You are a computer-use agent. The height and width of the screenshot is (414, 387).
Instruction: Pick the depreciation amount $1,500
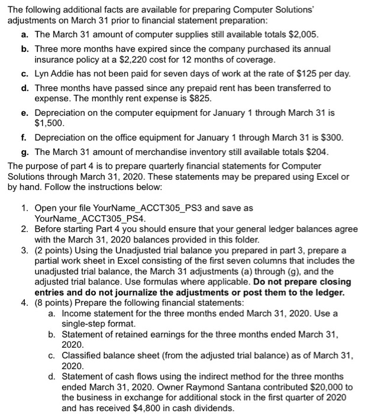click(x=48, y=124)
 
